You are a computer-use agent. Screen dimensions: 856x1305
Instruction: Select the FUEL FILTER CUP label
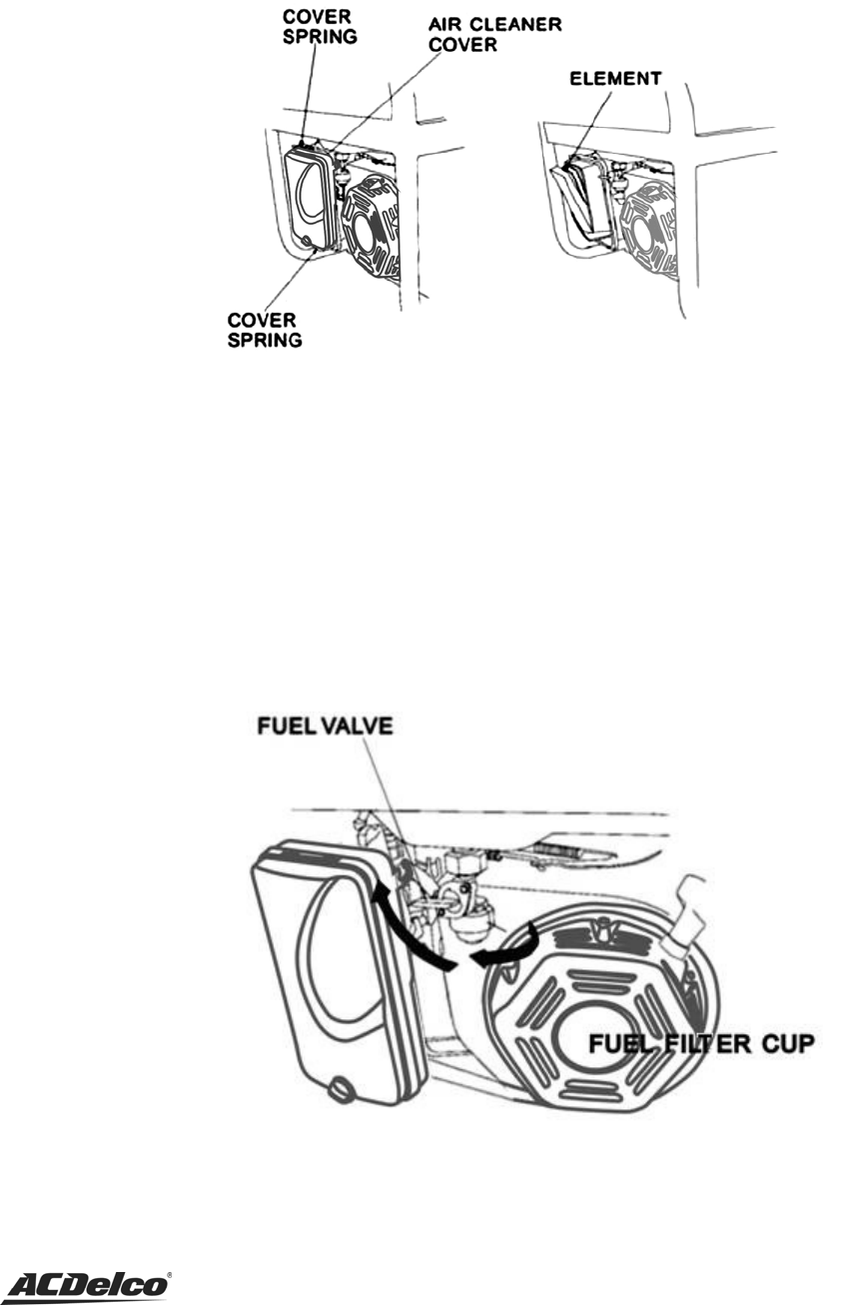701,1045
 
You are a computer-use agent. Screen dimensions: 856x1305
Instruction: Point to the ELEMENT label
616,78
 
